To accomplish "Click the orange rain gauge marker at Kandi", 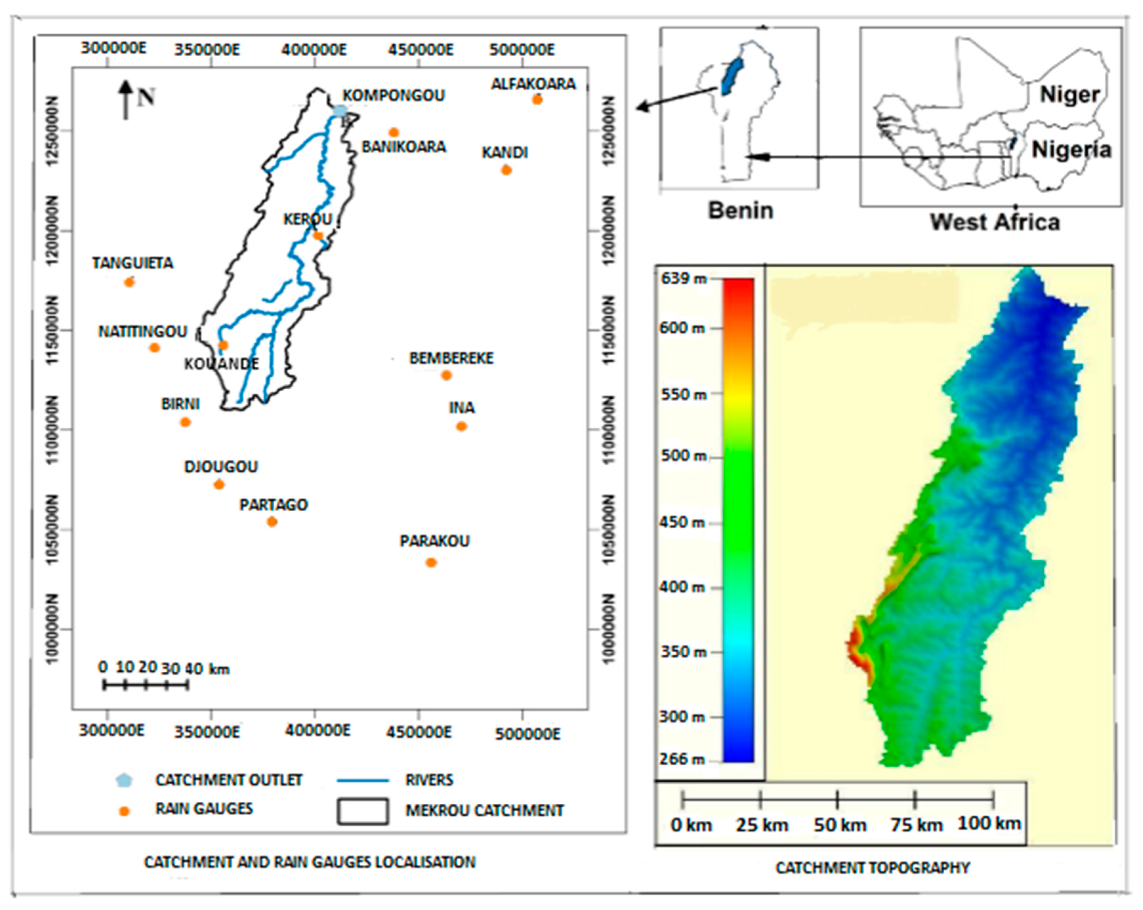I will click(x=506, y=170).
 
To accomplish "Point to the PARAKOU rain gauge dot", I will click(x=431, y=563).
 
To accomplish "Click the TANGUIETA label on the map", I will click(x=132, y=263).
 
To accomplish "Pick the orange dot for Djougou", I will click(x=219, y=485).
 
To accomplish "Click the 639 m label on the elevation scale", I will click(x=683, y=278).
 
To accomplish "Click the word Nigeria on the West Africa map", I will click(x=1071, y=150).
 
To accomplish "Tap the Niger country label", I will click(x=1069, y=95).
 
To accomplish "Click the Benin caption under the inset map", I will click(x=741, y=211).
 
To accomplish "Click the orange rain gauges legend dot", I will click(x=124, y=811).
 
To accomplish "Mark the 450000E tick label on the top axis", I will click(x=420, y=50).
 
